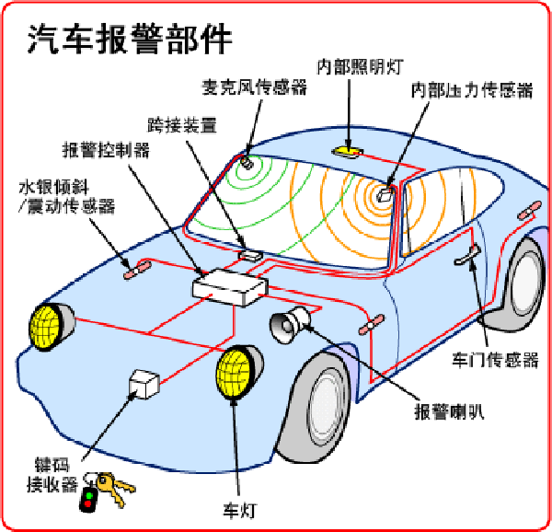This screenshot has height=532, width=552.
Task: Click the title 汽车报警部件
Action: point(129,39)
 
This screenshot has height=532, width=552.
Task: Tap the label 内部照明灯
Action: point(360,66)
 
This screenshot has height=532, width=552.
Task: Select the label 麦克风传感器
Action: point(254,87)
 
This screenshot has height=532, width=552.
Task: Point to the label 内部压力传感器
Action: point(472,90)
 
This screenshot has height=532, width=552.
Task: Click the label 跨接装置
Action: point(181,124)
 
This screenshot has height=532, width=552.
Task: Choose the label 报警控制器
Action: point(106,150)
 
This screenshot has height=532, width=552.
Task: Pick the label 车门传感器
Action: point(495,360)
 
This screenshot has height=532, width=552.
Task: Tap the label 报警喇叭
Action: point(449,411)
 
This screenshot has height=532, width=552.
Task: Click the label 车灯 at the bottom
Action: point(240,510)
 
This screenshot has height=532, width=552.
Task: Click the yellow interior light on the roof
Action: point(348,151)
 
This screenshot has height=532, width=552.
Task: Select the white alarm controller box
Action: point(230,287)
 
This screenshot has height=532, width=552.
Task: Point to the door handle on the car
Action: point(467,255)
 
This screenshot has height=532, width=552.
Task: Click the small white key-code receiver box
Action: point(144,384)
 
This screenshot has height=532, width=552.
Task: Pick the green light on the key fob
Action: point(89,495)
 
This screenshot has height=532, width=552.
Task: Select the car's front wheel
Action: point(319,409)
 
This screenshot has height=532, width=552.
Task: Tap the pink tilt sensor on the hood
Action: point(137,271)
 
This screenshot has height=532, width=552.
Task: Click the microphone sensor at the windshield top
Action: point(247,163)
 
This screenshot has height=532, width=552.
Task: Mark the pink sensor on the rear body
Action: point(529,210)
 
